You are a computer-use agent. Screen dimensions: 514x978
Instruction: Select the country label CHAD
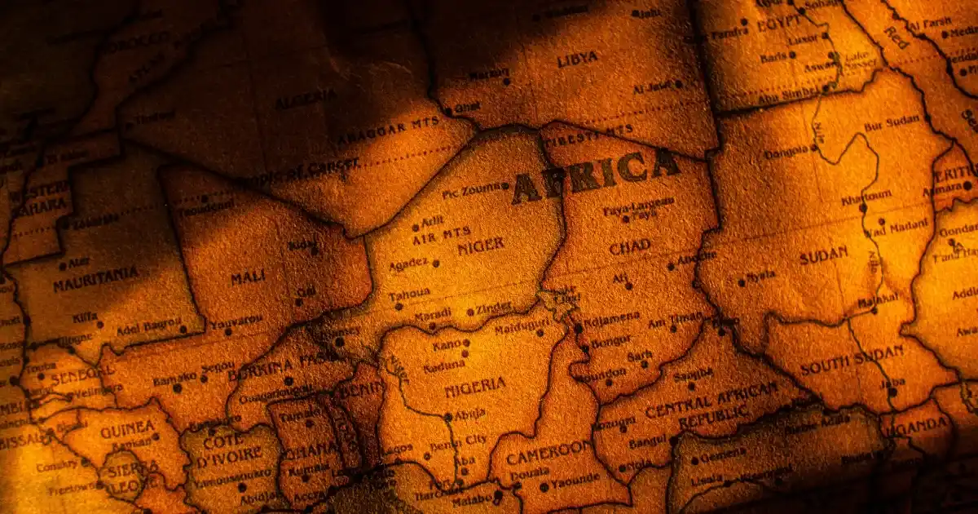click(630, 246)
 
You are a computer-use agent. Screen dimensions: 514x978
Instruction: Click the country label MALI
click(247, 277)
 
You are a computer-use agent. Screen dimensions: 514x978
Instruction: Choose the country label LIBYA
click(577, 59)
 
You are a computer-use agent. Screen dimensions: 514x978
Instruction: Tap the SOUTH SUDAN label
click(852, 360)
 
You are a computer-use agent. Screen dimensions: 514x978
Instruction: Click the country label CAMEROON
click(548, 452)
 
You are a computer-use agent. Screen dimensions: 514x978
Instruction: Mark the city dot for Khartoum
click(862, 208)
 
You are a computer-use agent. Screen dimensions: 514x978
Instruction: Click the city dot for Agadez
click(435, 263)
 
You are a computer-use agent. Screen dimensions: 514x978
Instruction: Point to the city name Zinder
click(495, 307)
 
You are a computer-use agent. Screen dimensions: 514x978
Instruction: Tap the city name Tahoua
click(409, 293)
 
